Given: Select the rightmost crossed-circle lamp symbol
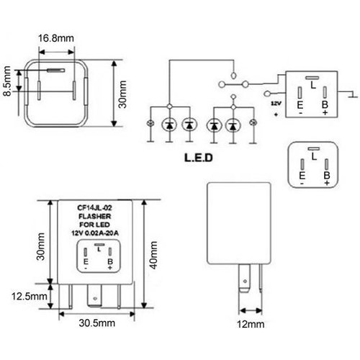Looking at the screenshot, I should point(253,125).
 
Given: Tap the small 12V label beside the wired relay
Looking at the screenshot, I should point(275,103).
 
